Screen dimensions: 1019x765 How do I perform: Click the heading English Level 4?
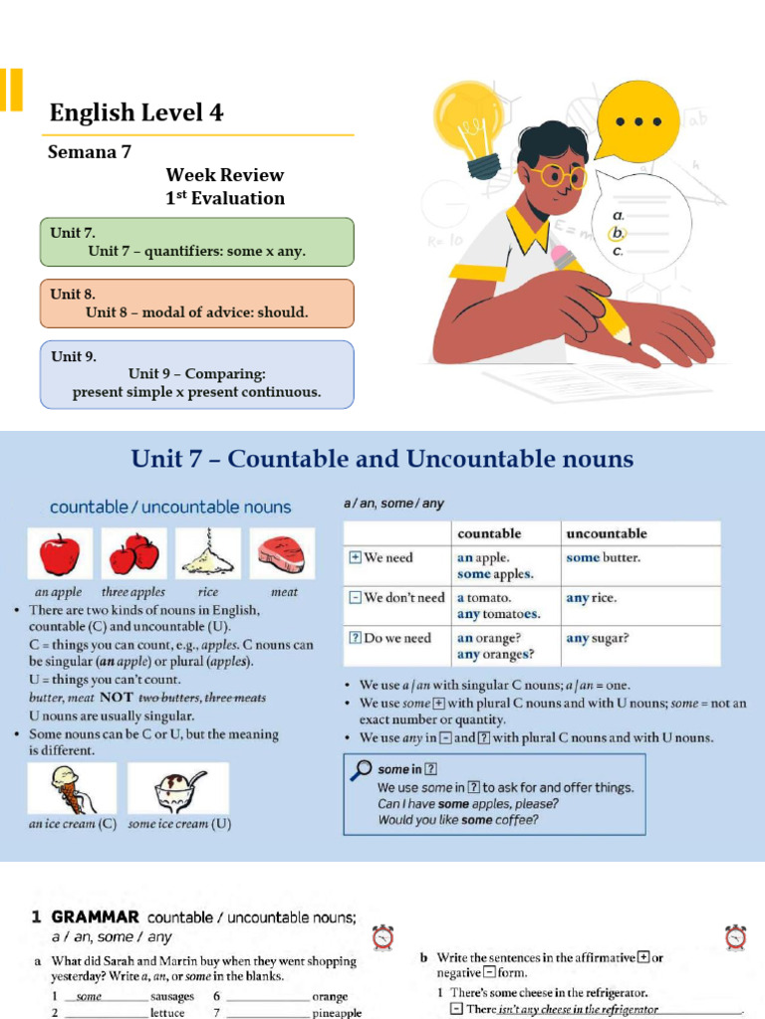[x=136, y=112]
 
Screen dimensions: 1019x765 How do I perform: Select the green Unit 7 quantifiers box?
[x=196, y=242]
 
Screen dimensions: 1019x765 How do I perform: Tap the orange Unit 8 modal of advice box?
[x=196, y=303]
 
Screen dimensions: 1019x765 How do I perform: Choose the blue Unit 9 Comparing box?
[x=196, y=374]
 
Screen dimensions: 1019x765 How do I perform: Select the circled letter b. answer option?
[x=619, y=233]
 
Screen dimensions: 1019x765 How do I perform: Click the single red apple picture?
[x=59, y=553]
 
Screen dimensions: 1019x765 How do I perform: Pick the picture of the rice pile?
[x=207, y=553]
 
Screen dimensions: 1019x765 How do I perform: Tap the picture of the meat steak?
[x=283, y=553]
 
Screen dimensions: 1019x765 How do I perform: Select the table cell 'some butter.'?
[x=603, y=558]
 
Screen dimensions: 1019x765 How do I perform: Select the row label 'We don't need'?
[x=396, y=598]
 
